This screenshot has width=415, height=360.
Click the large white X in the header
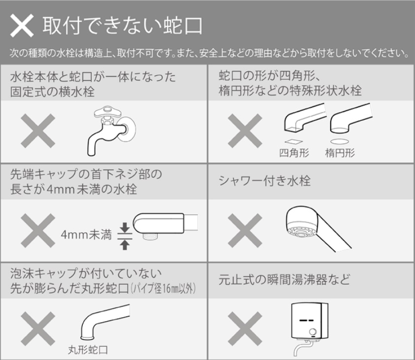point(22,26)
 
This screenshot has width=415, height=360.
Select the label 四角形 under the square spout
point(294,153)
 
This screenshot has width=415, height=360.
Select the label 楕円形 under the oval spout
point(340,153)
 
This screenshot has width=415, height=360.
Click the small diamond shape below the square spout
point(294,141)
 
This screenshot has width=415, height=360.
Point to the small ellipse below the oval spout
point(340,141)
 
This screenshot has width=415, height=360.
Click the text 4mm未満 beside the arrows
point(86,234)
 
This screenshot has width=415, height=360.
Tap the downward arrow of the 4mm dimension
point(125,228)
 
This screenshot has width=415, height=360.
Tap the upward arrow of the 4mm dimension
point(125,245)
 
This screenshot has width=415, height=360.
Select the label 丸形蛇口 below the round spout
point(88,350)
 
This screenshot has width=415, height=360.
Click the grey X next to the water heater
point(245,329)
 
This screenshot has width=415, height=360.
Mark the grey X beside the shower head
point(245,230)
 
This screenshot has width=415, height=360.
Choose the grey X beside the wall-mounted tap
point(38,131)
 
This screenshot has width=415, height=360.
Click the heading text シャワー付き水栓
point(264,181)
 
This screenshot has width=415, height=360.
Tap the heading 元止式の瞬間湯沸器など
point(284,280)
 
